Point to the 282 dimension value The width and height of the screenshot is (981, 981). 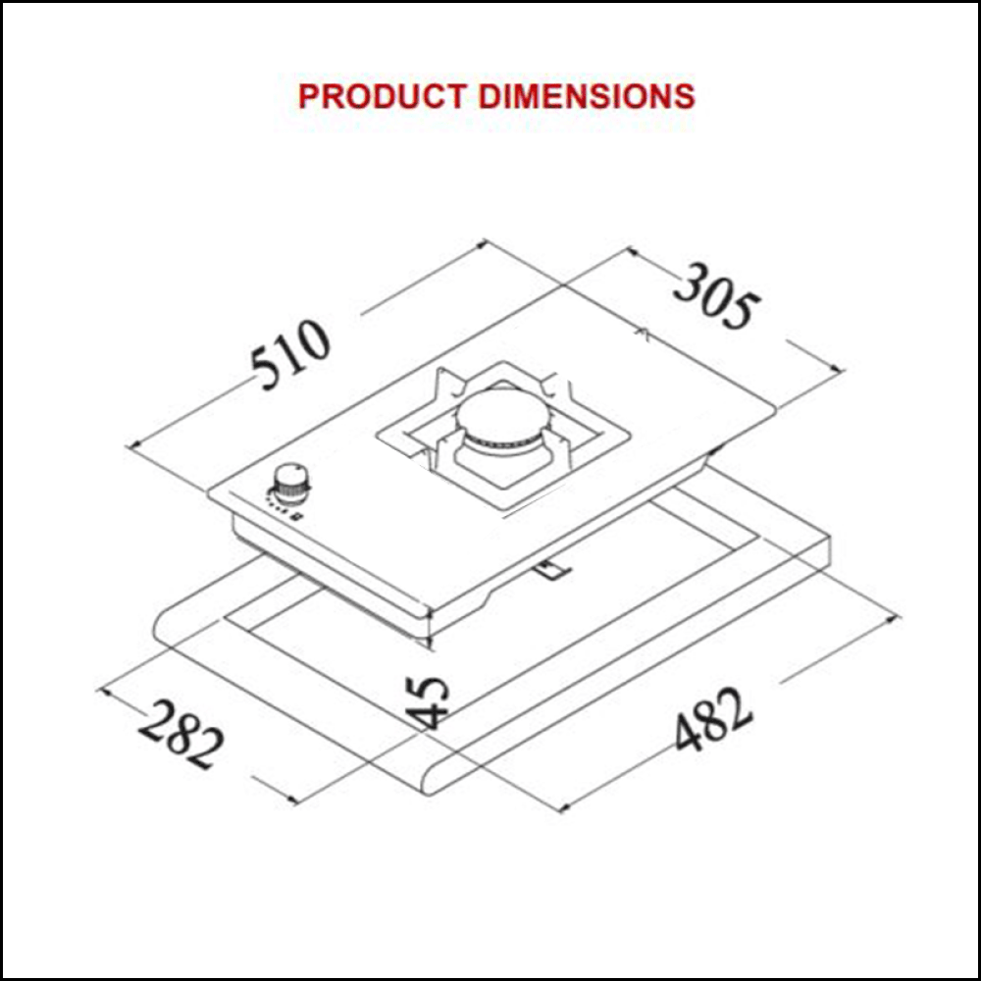tap(180, 735)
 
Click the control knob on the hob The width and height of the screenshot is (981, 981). tap(289, 482)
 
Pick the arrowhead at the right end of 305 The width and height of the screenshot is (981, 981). tap(840, 371)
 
